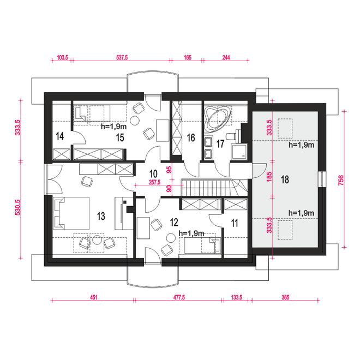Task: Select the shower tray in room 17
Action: pyautogui.click(x=239, y=152)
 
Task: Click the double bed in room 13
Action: pyautogui.click(x=71, y=213)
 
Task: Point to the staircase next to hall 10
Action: pyautogui.click(x=215, y=187)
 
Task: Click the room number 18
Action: pyautogui.click(x=285, y=179)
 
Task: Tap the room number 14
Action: pyautogui.click(x=59, y=136)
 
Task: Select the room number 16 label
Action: pyautogui.click(x=191, y=138)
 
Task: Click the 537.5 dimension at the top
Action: pyautogui.click(x=122, y=57)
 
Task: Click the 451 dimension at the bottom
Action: pyautogui.click(x=93, y=297)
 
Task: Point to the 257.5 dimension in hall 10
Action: pyautogui.click(x=154, y=182)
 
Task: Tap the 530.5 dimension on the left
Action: pyautogui.click(x=18, y=207)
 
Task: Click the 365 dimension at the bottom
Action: pyautogui.click(x=285, y=297)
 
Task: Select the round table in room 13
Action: pyautogui.click(x=97, y=240)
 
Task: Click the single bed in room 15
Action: pyautogui.click(x=92, y=113)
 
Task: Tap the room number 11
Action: pyautogui.click(x=235, y=223)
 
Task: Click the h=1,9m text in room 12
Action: pyautogui.click(x=191, y=233)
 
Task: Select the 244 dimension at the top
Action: pyautogui.click(x=226, y=57)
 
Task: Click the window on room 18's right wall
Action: pyautogui.click(x=322, y=179)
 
